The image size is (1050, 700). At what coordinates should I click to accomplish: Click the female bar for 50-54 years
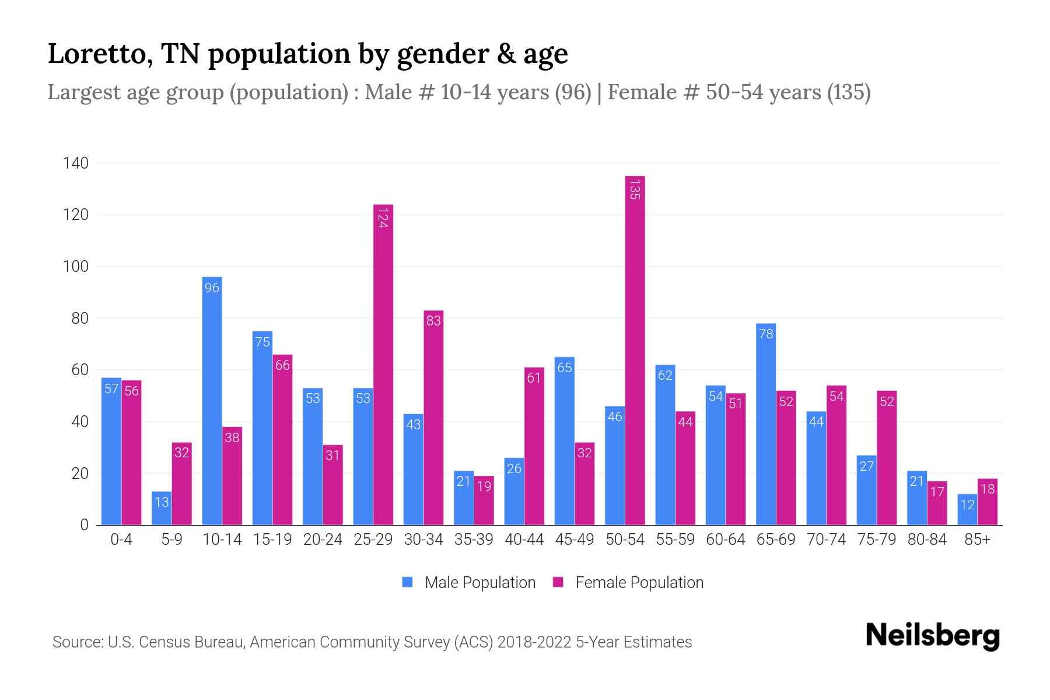tap(635, 350)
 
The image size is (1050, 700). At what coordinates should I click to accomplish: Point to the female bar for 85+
tap(988, 502)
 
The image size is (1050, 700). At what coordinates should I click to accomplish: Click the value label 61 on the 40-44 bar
tap(534, 378)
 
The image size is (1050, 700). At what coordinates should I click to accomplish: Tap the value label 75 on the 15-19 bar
tap(262, 342)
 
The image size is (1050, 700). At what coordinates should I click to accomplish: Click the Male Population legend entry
tap(469, 583)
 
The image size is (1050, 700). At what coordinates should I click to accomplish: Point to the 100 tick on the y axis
tap(76, 267)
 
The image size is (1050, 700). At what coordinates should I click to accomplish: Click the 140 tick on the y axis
tap(76, 163)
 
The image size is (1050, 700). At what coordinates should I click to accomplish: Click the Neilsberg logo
tap(932, 636)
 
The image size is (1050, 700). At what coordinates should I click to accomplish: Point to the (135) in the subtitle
tap(849, 92)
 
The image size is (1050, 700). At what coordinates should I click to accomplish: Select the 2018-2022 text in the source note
tap(534, 642)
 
